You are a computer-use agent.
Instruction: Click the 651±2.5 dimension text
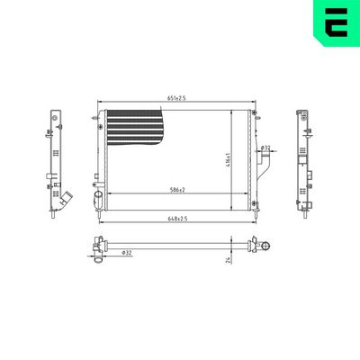177,98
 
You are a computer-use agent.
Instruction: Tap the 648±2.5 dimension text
176,218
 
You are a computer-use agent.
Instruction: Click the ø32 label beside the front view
265,148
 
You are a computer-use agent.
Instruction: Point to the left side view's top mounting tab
55,118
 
